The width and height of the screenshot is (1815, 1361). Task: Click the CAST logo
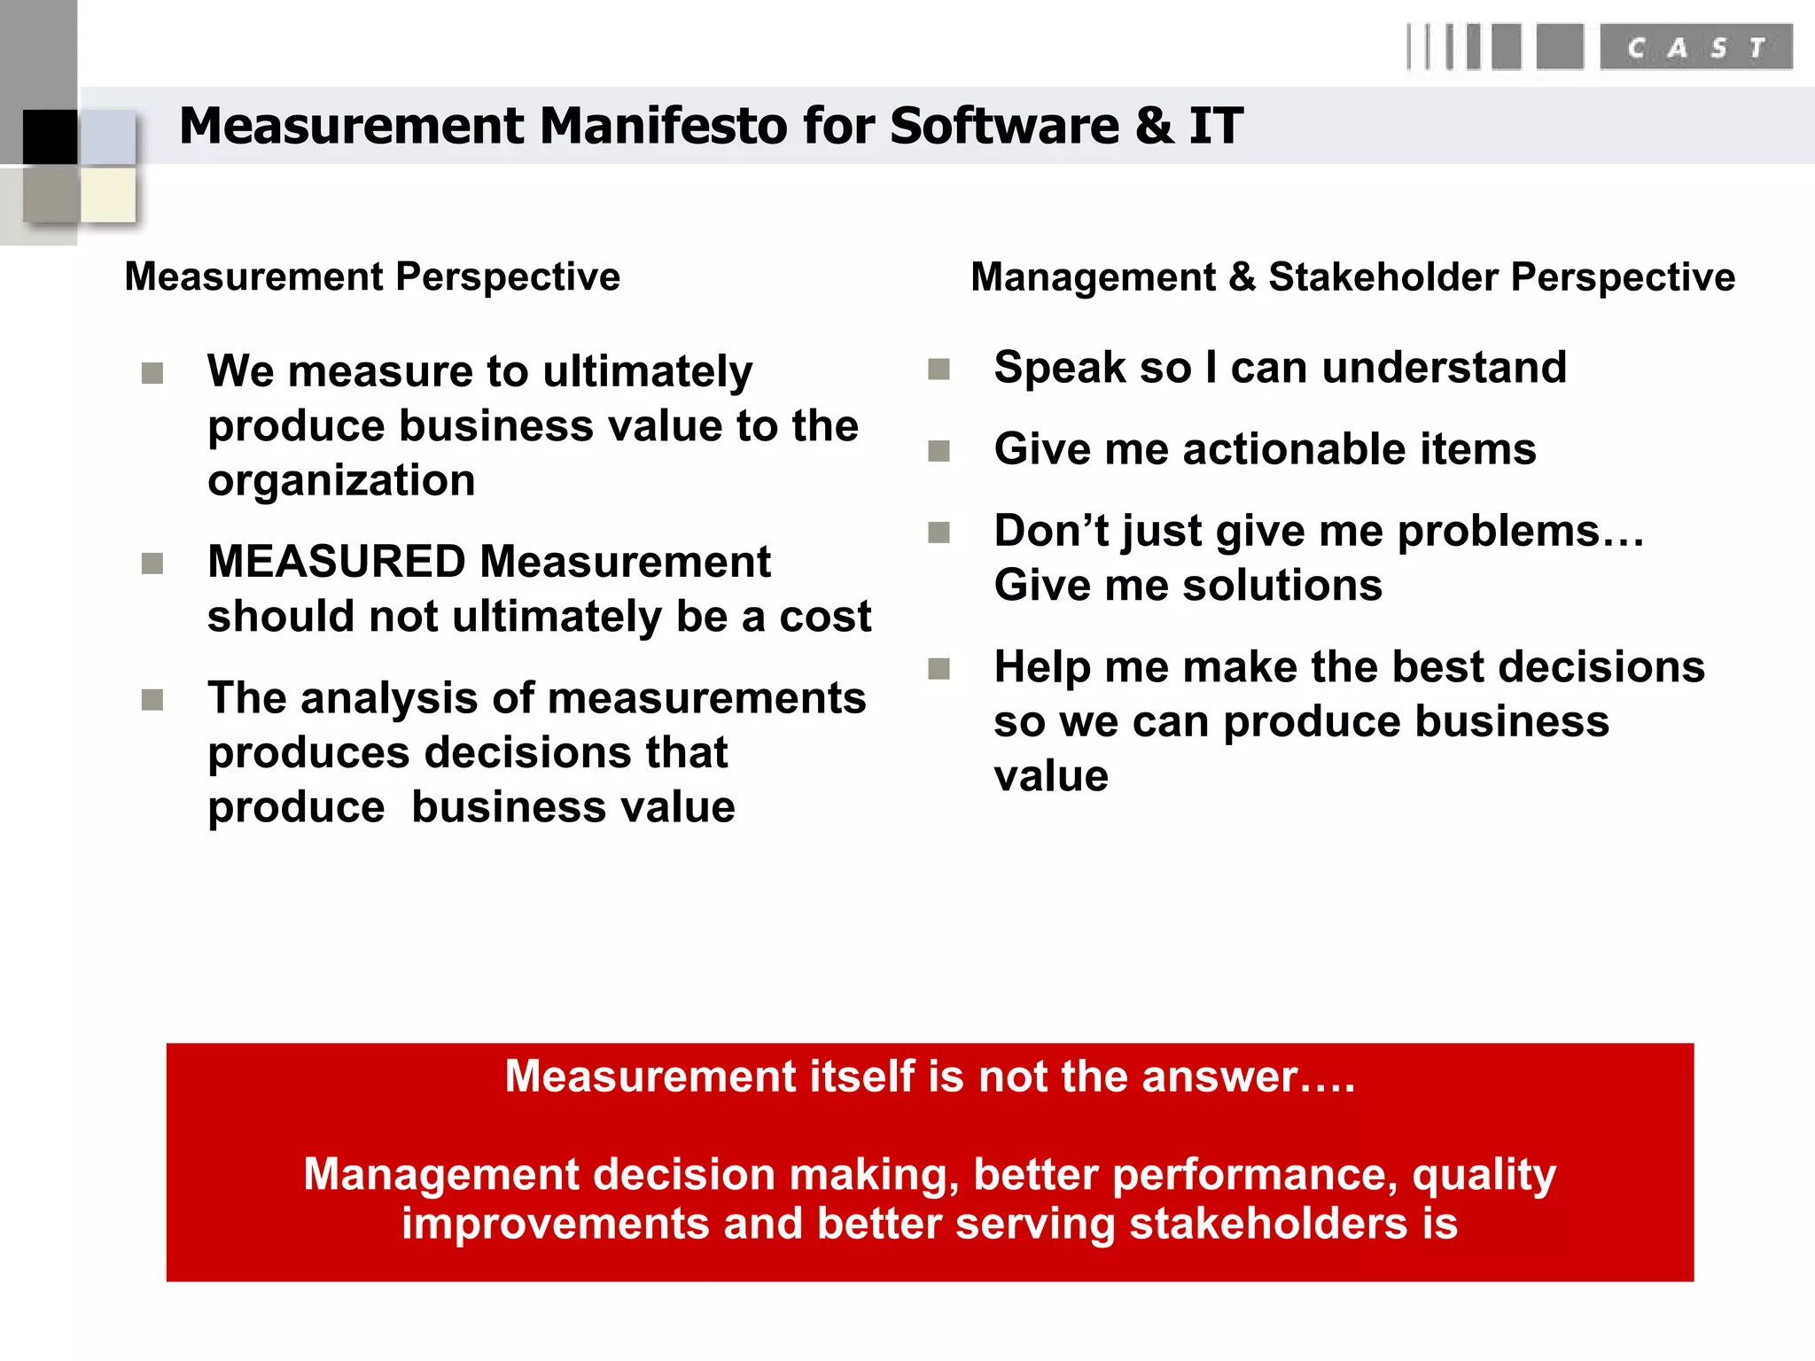point(1694,48)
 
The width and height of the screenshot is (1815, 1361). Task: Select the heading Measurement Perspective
point(372,276)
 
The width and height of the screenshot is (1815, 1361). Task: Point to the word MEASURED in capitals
point(337,562)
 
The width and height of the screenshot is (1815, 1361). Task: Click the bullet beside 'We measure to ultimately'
point(152,373)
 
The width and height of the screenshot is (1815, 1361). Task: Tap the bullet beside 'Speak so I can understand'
point(939,369)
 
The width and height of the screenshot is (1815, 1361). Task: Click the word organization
point(341,481)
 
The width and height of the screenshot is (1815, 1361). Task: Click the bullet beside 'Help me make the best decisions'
point(939,668)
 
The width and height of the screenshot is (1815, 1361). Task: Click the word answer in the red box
point(1219,1077)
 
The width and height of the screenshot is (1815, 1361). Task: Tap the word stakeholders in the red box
point(1267,1224)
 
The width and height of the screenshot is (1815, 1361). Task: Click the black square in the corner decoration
point(50,136)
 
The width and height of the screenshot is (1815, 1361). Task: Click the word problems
point(1498,532)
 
